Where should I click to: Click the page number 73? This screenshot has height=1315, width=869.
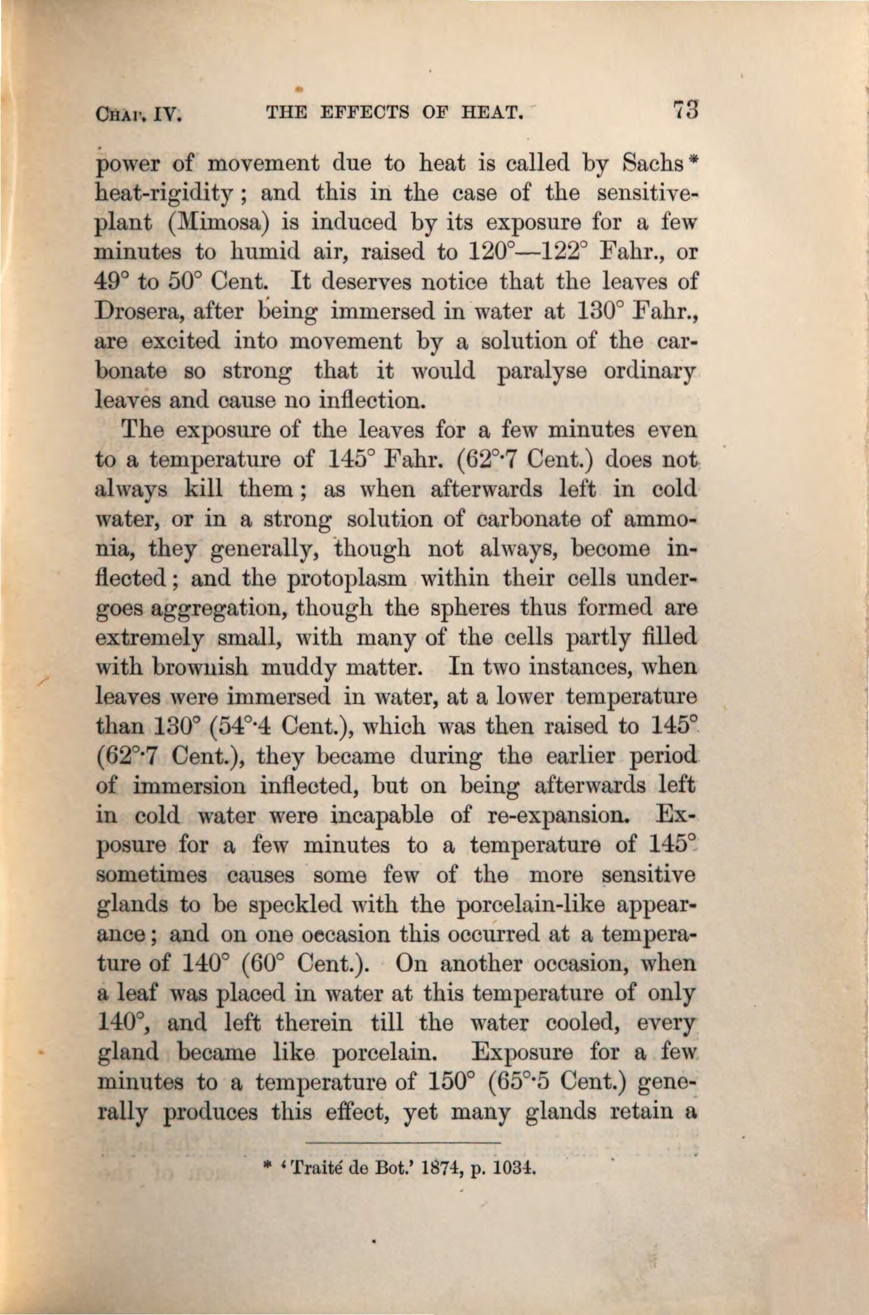685,110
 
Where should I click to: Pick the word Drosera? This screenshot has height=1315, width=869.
135,311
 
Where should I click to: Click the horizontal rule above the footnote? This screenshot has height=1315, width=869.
403,1142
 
